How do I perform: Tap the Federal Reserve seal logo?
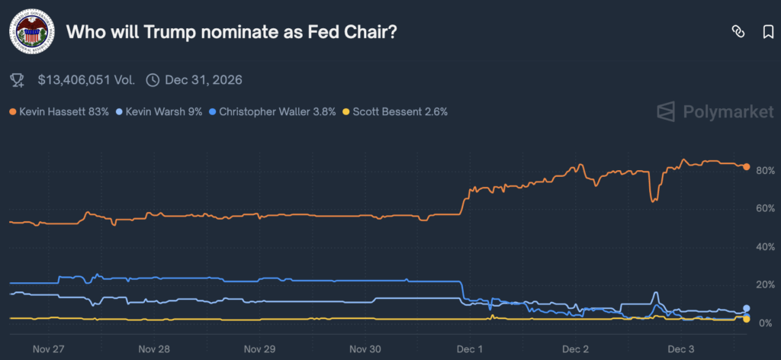pos(31,32)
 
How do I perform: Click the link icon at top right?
pos(738,31)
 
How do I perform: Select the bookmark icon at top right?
pos(768,31)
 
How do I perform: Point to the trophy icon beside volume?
pos(17,79)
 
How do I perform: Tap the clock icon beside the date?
pos(153,79)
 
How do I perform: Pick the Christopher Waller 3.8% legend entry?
pos(274,111)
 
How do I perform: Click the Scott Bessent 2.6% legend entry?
pos(395,111)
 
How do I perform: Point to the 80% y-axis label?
pos(764,170)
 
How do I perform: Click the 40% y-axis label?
pos(764,247)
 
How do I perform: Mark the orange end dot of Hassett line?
pos(747,166)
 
